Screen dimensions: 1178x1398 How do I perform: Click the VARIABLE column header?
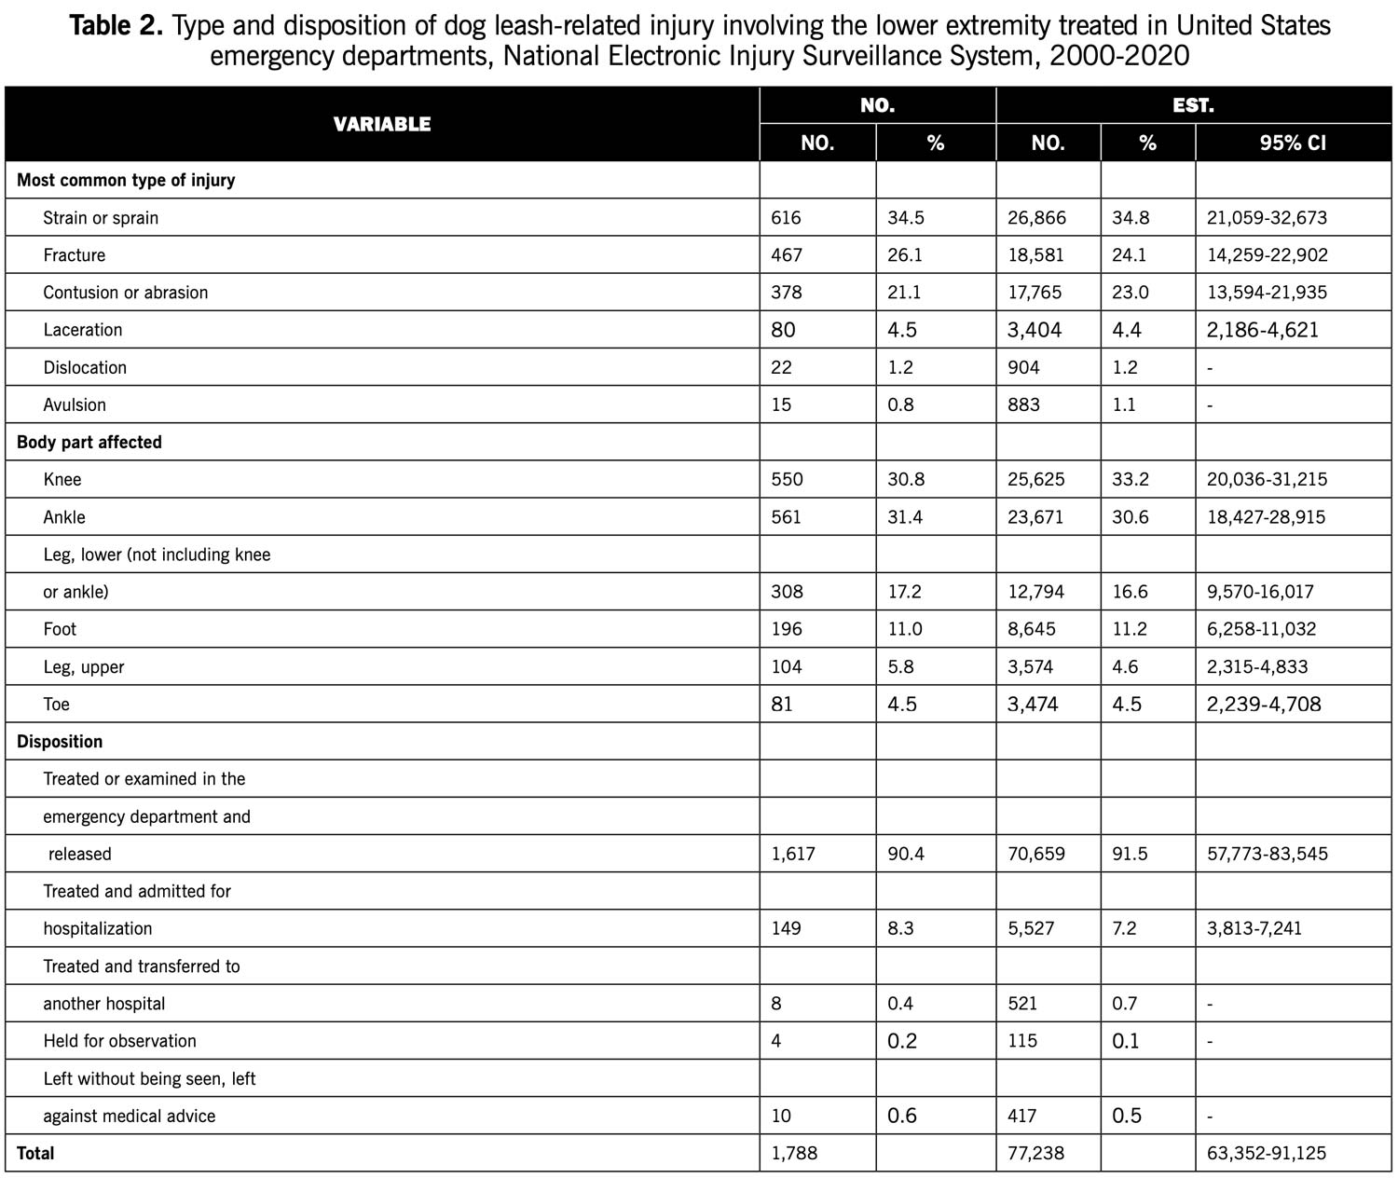coord(382,124)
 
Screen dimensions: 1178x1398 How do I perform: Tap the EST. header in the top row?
coord(1193,105)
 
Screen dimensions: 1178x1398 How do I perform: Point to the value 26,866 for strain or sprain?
coord(1036,218)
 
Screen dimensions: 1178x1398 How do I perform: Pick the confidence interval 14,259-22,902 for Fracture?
coord(1267,255)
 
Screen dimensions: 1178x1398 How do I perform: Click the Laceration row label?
coord(83,330)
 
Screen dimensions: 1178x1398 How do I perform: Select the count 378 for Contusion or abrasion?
coord(787,293)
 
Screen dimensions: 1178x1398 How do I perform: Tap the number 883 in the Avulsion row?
coord(1023,404)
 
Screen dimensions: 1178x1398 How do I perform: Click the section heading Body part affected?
coord(89,443)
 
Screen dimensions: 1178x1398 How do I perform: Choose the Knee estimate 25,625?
coord(1035,480)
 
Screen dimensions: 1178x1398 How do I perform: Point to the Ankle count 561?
coord(787,517)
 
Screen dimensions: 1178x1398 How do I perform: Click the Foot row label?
coord(60,629)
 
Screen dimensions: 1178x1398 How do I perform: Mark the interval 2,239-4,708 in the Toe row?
coord(1264,705)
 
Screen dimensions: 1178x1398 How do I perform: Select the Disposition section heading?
coord(60,742)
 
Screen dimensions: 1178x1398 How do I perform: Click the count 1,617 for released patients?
coord(793,854)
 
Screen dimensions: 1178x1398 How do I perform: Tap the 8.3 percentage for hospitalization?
coord(900,928)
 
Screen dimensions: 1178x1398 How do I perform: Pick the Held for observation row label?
coord(119,1041)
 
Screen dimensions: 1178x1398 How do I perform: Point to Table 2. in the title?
coord(116,26)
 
